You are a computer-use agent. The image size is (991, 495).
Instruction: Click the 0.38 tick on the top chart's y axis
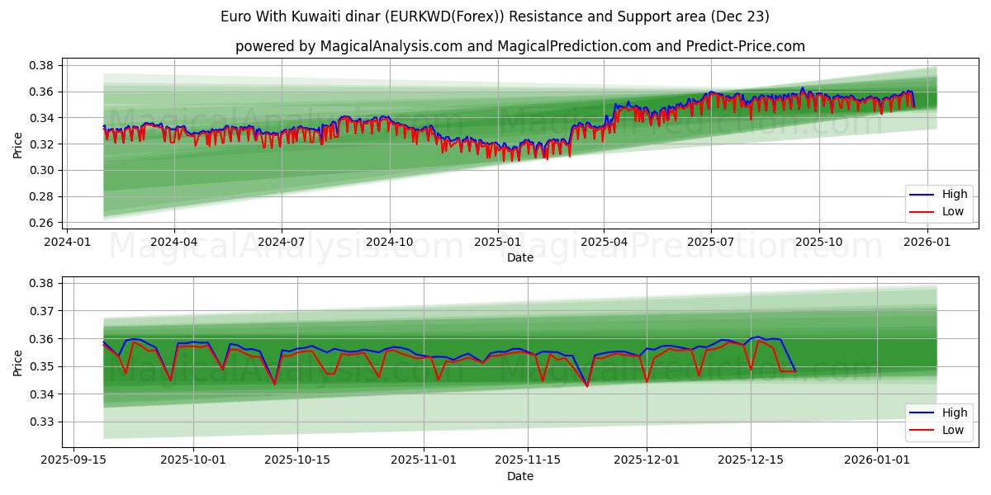click(x=43, y=65)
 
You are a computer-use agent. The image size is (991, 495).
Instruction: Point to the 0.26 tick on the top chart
click(x=43, y=223)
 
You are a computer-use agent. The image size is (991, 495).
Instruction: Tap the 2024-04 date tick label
click(x=174, y=242)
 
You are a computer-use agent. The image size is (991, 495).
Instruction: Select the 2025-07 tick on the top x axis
click(x=711, y=242)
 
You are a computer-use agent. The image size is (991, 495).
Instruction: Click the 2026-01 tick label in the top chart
click(x=927, y=242)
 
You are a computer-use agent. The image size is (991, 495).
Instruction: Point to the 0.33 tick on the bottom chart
click(x=43, y=422)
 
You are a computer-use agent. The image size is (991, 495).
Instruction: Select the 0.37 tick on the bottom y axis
click(x=43, y=311)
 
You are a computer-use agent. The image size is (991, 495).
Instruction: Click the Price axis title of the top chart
click(x=18, y=144)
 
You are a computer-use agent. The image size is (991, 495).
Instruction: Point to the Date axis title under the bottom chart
click(x=520, y=476)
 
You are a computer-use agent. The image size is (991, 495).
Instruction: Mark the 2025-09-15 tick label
click(x=74, y=460)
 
